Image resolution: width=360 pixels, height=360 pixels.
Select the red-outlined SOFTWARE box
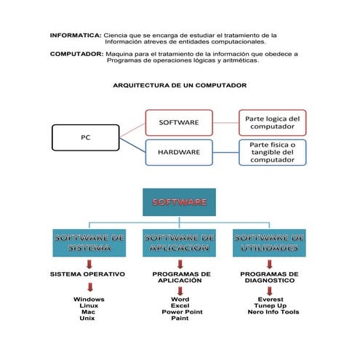178,122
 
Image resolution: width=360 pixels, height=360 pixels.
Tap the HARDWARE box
178,152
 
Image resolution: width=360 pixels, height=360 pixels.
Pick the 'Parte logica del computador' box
272,122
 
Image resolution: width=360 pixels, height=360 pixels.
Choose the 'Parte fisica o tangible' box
272,152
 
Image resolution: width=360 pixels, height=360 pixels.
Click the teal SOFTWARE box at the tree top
179,202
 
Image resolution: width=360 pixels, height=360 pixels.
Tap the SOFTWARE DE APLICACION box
180,243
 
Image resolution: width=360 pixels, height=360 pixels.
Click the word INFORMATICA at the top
76,35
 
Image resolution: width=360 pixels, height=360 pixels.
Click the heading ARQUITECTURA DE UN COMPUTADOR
180,85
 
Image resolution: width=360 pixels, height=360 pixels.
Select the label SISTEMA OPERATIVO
87,274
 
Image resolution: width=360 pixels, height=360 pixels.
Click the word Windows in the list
89,299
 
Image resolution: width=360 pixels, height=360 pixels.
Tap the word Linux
89,305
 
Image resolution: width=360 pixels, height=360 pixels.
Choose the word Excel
180,305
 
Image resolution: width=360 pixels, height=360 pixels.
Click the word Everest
271,299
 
